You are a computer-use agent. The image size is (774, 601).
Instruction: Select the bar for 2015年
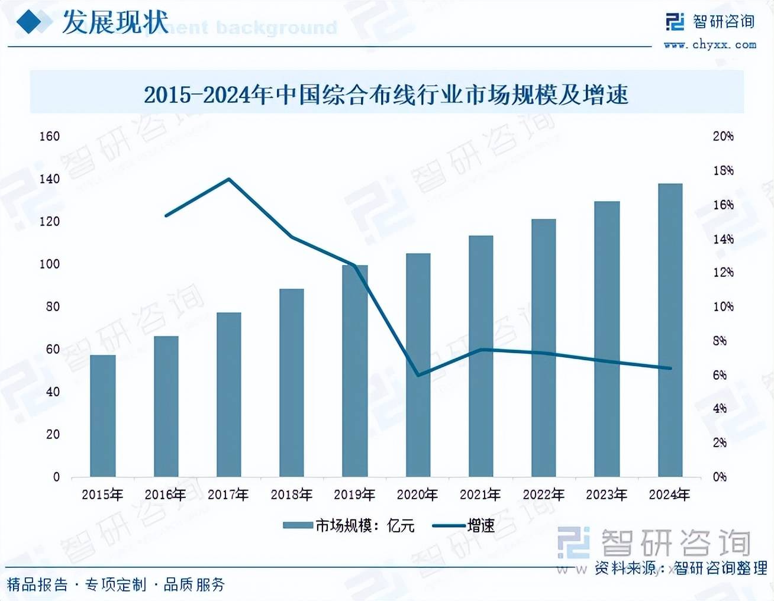pos(102,416)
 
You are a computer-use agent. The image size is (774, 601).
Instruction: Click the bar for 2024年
pos(670,330)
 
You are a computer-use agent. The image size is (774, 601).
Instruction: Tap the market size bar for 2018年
pos(291,383)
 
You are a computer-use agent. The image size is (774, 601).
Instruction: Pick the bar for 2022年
pos(543,348)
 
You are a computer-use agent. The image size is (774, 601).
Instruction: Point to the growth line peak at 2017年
pos(229,179)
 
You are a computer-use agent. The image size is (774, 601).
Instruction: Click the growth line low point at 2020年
pos(418,375)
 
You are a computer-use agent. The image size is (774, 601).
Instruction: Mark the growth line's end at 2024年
pos(670,368)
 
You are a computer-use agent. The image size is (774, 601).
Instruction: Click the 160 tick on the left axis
pos(50,136)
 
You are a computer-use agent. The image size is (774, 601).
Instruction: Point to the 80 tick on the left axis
pos(52,306)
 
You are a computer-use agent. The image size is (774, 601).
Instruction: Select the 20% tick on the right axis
pos(723,136)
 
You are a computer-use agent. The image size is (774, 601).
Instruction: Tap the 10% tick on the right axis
pos(723,306)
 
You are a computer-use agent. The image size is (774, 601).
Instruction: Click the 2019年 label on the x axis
pos(354,495)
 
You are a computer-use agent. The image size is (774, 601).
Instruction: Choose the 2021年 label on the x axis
pos(480,495)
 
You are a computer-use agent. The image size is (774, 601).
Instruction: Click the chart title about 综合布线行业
pos(386,95)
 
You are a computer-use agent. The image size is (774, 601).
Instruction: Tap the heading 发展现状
pos(115,22)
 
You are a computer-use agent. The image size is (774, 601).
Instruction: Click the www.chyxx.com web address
pos(709,44)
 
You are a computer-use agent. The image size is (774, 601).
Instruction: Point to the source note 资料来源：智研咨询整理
pos(681,568)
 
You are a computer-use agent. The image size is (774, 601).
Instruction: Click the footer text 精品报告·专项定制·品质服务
pos(116,585)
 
